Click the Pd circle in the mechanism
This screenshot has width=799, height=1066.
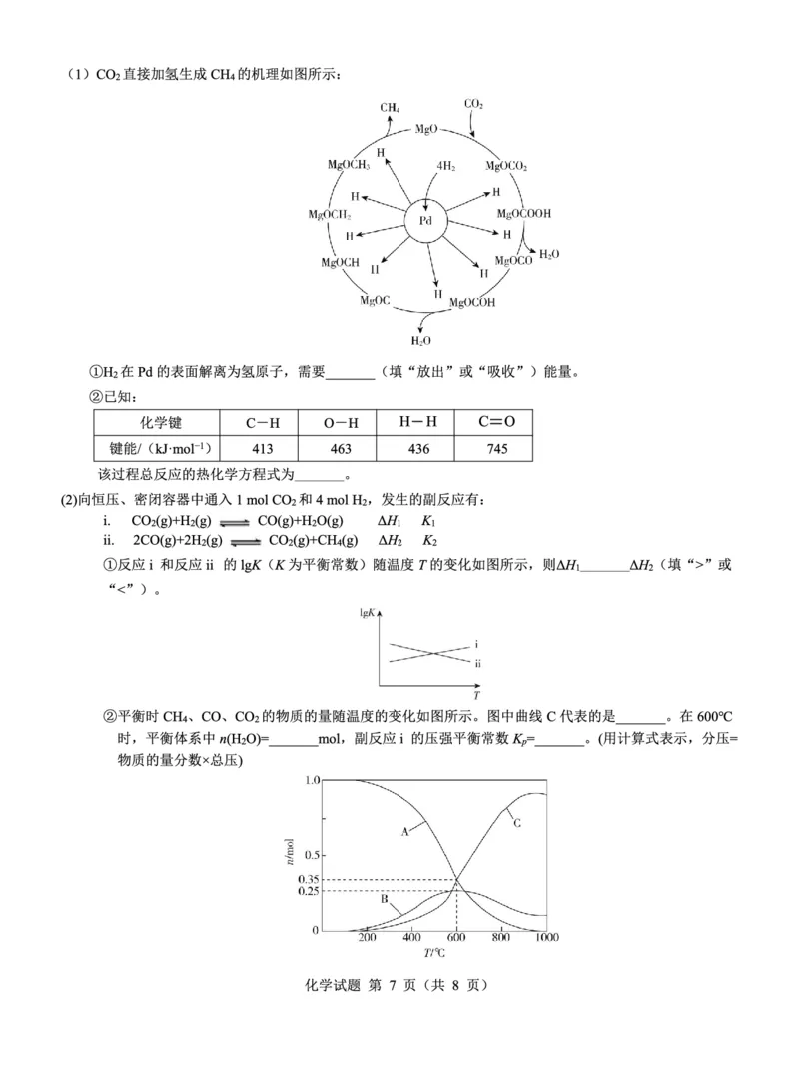(x=425, y=221)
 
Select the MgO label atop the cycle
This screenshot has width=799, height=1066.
(x=426, y=129)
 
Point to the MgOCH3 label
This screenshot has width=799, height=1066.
(x=349, y=165)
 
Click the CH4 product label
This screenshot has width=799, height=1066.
(x=390, y=107)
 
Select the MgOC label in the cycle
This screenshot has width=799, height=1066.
(x=376, y=300)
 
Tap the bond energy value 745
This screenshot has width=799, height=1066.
(x=496, y=449)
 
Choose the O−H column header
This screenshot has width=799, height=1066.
(x=341, y=423)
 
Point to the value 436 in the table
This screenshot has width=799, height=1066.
(x=418, y=449)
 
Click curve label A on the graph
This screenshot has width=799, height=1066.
(x=406, y=829)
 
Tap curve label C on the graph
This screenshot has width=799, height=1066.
(x=518, y=822)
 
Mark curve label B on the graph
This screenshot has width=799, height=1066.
(x=383, y=898)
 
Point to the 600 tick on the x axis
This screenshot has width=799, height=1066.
(x=456, y=939)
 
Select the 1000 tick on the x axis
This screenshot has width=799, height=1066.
(x=545, y=939)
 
